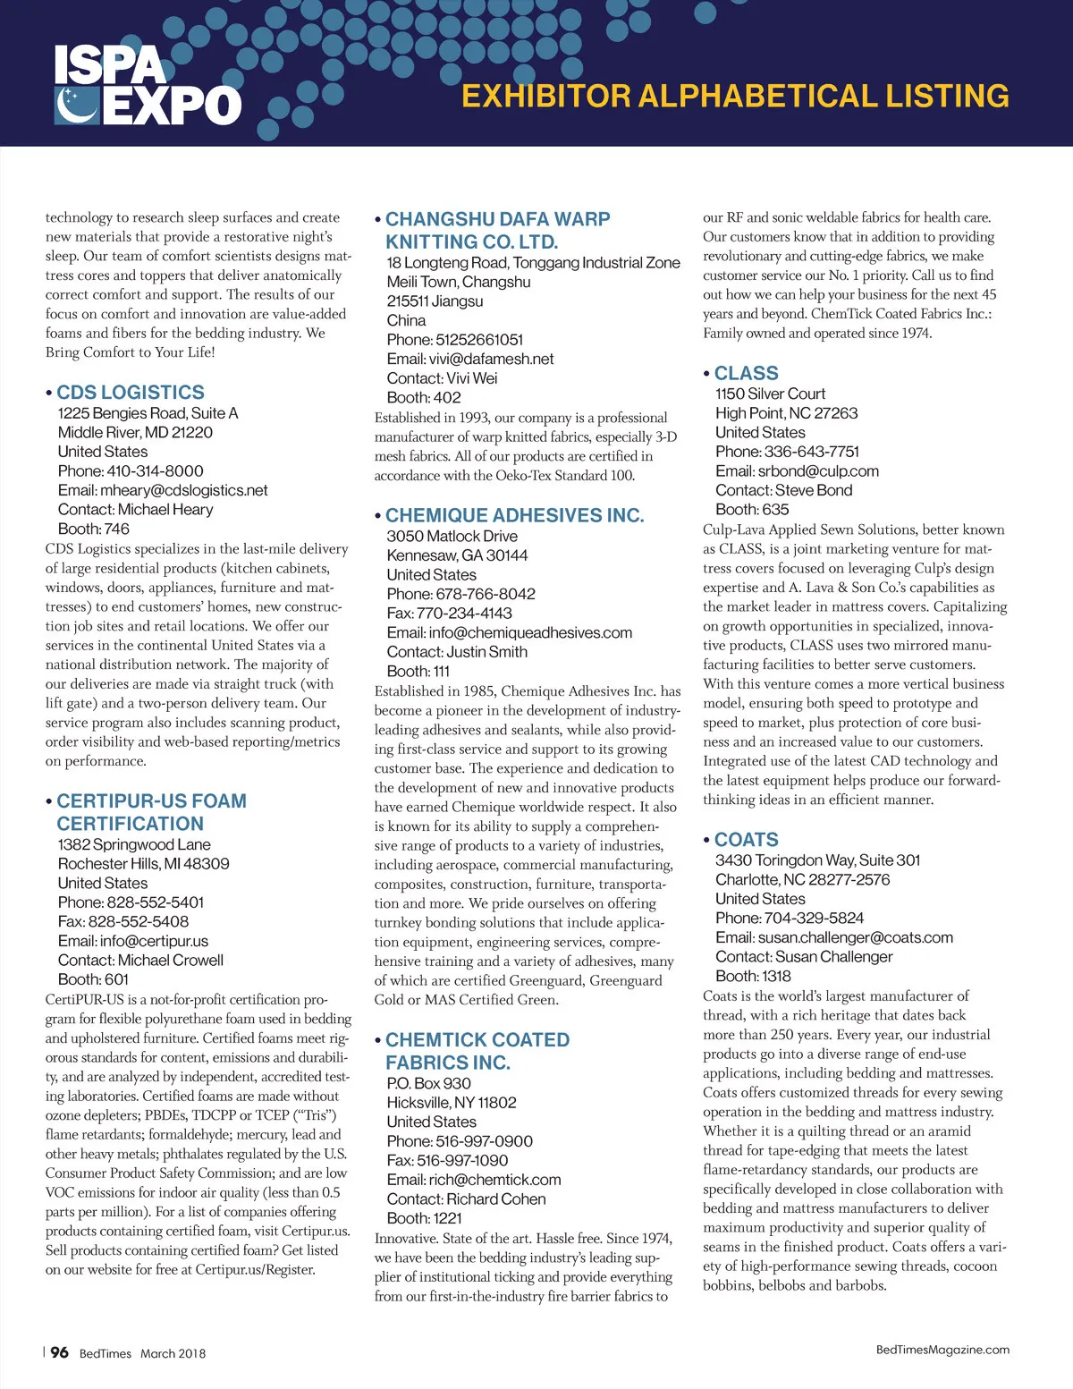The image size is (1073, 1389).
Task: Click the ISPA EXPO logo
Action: tap(148, 85)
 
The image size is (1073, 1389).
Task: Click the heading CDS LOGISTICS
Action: tap(131, 393)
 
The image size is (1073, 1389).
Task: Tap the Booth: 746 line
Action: tap(94, 529)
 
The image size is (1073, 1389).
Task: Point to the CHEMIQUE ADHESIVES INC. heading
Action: tap(514, 516)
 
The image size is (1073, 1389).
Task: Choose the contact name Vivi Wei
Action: tap(472, 378)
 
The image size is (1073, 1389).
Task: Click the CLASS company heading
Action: tap(746, 374)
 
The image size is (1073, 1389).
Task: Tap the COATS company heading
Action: tap(746, 840)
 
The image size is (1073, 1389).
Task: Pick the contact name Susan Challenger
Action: tap(833, 957)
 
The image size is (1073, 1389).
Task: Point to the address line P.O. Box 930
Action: tap(429, 1083)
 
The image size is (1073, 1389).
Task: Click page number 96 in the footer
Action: tap(59, 1352)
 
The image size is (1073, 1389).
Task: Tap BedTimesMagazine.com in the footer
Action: tap(942, 1350)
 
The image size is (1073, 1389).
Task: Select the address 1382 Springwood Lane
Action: tap(134, 844)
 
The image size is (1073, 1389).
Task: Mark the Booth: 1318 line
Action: tap(753, 976)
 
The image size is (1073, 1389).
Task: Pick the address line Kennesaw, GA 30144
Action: tap(457, 555)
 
